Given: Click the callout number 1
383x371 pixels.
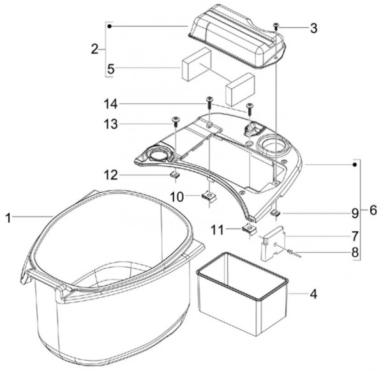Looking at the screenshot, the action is pos(8,218).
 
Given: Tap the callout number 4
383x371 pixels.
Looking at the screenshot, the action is pos(313,294).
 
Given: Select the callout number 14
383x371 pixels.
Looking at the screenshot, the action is pos(111,104).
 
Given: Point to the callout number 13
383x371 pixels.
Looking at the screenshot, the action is pos(111,124).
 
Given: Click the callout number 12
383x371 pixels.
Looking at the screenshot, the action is pos(111,175).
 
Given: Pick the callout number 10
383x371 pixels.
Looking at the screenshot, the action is pos(177,197).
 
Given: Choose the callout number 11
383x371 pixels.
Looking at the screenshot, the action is pos(217,230).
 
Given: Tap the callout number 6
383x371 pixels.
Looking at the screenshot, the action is pos(373,210).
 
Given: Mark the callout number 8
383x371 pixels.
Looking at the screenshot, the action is pos(355,252).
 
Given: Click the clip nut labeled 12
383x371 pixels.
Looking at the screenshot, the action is pos(175,174).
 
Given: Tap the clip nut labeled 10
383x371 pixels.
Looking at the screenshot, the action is pos(209,196).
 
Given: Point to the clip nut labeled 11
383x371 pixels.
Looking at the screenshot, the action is pos(249,229).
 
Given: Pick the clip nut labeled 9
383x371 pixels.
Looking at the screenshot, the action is pos(276,213).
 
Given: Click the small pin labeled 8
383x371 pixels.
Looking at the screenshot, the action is pos(294,254).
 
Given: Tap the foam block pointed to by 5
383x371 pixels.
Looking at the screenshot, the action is pos(196,64).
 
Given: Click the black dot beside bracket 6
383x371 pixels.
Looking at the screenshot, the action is pos(355,165).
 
